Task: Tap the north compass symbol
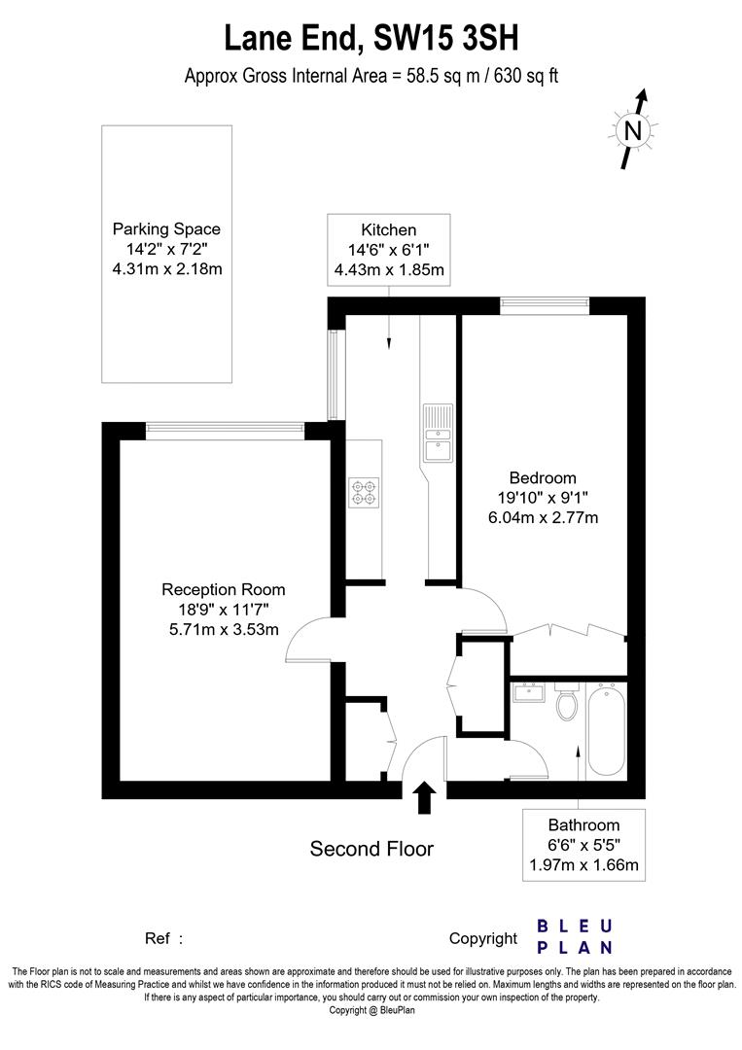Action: tap(633, 129)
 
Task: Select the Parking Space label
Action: tap(166, 229)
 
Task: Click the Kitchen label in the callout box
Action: tap(389, 230)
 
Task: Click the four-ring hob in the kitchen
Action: tap(364, 492)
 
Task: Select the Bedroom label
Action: tap(543, 477)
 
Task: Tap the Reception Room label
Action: tap(223, 589)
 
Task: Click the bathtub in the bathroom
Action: tap(603, 729)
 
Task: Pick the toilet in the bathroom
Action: tap(565, 704)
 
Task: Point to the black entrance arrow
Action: tap(425, 798)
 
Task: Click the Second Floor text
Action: tap(371, 849)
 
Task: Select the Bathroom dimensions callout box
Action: tap(583, 845)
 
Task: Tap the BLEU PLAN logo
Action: tap(575, 936)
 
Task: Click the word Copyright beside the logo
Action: tap(483, 938)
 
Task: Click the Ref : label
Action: tap(163, 938)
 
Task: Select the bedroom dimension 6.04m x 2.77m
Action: tap(543, 517)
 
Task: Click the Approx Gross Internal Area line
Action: tap(371, 76)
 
